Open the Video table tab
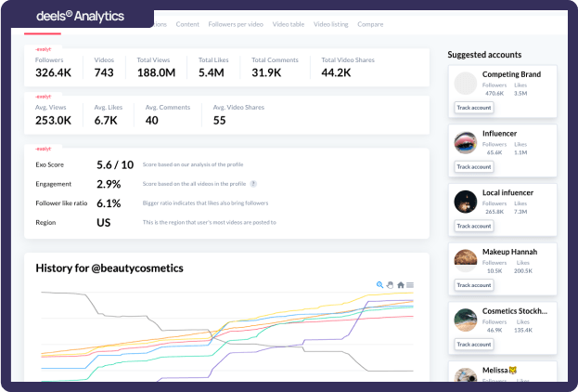[289, 23]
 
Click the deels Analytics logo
[79, 16]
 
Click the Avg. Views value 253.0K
[53, 120]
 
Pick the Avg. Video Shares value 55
[219, 120]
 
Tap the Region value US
[104, 222]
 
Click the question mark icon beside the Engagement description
[253, 184]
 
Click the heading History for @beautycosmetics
[109, 268]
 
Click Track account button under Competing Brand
[473, 108]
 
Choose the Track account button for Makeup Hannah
[473, 284]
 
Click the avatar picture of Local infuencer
[466, 201]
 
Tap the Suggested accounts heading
[484, 55]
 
